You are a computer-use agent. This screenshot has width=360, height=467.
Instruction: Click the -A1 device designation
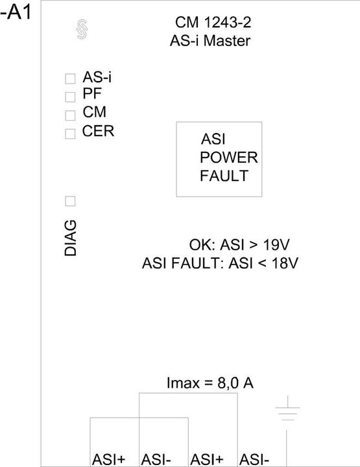16,13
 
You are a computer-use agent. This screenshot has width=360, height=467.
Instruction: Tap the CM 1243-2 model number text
213,23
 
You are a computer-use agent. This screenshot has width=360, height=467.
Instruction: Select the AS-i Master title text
210,41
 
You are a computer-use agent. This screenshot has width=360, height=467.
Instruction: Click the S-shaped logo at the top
82,29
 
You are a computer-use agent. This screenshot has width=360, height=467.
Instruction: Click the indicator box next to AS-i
70,78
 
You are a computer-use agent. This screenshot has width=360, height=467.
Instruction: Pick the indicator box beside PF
70,97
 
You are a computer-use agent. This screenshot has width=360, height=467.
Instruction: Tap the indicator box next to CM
70,115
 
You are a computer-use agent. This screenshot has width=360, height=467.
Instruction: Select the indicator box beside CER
70,134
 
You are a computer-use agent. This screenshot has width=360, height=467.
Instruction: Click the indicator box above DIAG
70,201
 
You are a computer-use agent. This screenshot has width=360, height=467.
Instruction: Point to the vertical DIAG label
71,238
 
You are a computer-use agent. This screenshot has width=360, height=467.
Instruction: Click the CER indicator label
98,131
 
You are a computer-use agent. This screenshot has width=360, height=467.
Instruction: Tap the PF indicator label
92,94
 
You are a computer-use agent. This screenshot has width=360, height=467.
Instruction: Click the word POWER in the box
229,158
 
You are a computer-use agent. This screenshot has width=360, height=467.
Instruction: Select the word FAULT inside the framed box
224,176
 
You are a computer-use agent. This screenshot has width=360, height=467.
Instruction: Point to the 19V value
276,245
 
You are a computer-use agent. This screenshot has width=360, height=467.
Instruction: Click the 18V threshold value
285,263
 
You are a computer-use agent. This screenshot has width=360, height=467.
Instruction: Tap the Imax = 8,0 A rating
210,383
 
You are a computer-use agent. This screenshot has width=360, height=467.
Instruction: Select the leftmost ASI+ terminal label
109,460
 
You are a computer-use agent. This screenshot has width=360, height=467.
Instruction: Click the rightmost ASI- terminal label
254,460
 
